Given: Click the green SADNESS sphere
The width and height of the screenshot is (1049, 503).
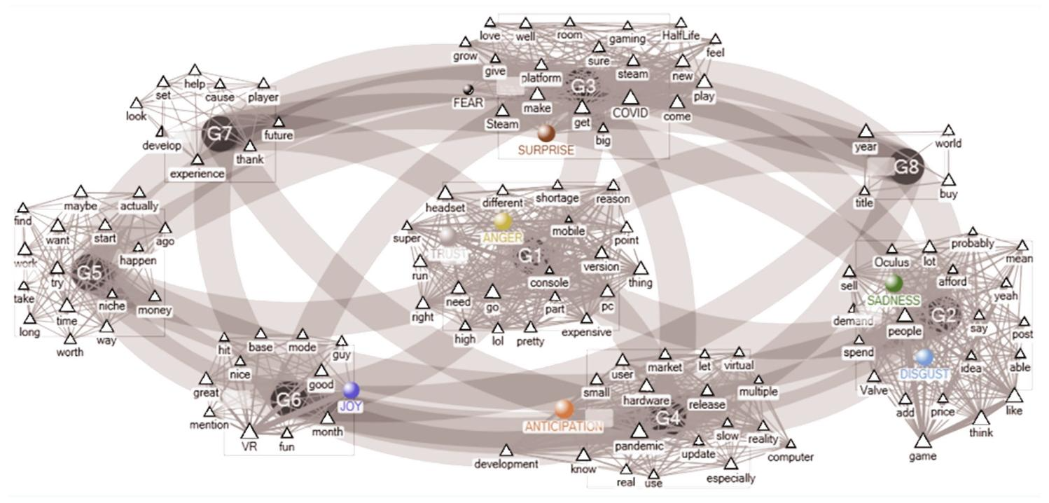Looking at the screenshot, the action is [x=894, y=284].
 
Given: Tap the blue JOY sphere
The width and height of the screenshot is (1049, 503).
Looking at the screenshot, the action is [x=351, y=390].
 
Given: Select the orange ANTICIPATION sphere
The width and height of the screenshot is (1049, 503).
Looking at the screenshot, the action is [x=564, y=409].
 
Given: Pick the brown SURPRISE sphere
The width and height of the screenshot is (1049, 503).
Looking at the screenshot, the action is [x=546, y=133].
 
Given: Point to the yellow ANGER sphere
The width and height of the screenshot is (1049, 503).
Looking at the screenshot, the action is [x=502, y=221].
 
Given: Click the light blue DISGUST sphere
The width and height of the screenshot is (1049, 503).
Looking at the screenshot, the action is [x=924, y=358].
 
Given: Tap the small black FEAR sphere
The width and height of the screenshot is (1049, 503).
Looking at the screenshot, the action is [x=468, y=89].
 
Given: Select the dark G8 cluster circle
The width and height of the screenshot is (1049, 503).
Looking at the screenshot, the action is [x=906, y=167].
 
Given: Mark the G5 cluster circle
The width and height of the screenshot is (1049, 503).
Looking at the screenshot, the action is [x=90, y=273].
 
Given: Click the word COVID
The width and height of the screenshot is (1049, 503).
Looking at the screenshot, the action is [x=630, y=113].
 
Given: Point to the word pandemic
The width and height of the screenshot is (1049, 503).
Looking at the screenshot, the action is [x=639, y=446].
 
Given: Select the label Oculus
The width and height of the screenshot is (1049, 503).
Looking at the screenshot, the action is [x=891, y=263].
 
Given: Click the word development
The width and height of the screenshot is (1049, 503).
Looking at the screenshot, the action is [x=506, y=464].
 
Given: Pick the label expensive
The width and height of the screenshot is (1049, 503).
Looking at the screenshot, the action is [x=586, y=332].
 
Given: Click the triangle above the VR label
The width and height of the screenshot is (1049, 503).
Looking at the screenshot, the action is [x=250, y=430].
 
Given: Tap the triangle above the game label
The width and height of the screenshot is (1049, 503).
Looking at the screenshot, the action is [x=923, y=441].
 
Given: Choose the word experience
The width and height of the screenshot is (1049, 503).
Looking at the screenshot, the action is [x=197, y=174].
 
